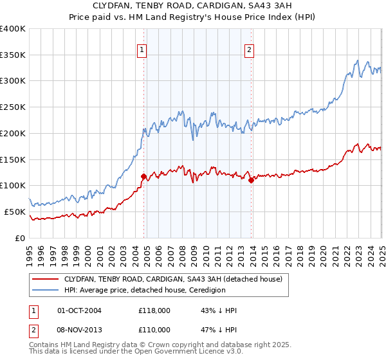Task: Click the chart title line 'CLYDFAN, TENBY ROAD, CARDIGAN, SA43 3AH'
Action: click(193, 7)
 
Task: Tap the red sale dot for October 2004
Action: click(143, 175)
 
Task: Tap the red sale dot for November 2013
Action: click(251, 180)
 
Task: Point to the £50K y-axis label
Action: click(14, 212)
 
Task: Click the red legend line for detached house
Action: click(46, 280)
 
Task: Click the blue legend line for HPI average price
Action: click(46, 290)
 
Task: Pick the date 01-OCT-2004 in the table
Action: click(80, 310)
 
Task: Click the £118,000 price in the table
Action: click(154, 310)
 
